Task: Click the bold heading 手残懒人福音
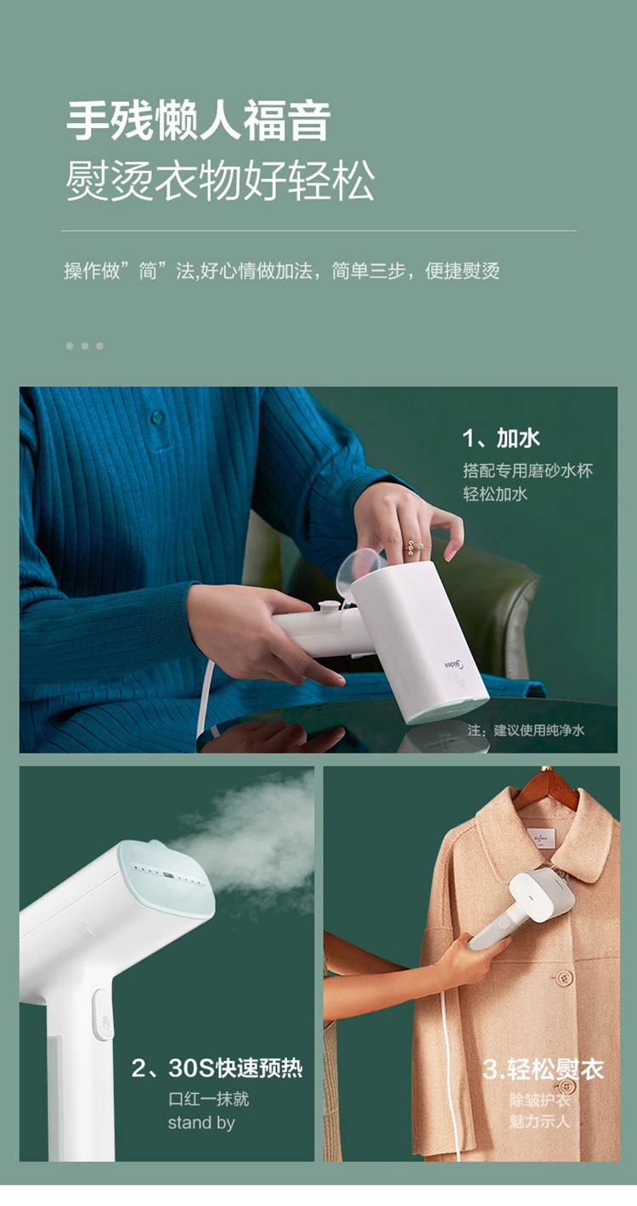[x=198, y=121]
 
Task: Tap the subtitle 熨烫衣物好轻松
[x=220, y=182]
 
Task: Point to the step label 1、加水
[x=500, y=438]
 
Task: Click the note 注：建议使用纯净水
[x=526, y=730]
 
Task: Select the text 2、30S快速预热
[x=217, y=1069]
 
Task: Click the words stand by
[x=201, y=1123]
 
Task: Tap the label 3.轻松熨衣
[x=543, y=1069]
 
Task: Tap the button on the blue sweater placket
[x=157, y=416]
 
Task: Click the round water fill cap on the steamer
[x=327, y=608]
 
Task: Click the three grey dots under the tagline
[x=85, y=346]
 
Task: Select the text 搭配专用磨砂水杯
[x=527, y=471]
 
